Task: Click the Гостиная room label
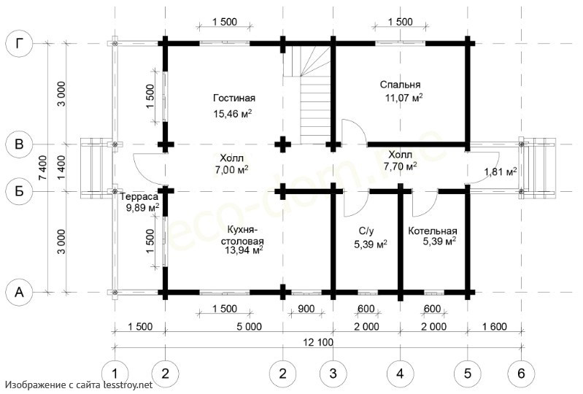234,98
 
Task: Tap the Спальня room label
400,85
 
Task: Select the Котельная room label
433,231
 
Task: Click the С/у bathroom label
366,231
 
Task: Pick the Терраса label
140,196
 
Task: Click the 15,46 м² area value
232,113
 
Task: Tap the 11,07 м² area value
404,98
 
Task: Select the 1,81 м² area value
501,171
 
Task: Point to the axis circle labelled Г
19,44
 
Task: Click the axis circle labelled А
19,292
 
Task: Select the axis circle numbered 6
521,373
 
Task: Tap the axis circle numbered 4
400,373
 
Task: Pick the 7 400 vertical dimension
42,168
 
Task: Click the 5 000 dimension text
248,327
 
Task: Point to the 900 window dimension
306,309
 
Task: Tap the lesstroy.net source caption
79,385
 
